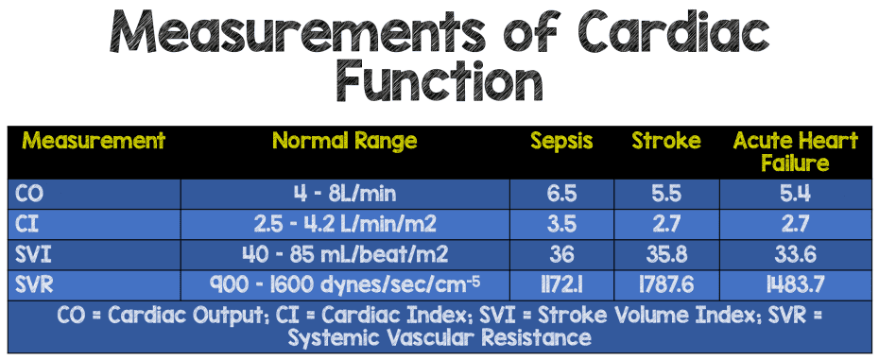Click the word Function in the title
click(439, 81)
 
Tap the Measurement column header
click(94, 142)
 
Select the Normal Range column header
click(344, 142)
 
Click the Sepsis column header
click(561, 142)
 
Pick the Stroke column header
click(666, 142)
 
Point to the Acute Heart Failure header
click(796, 152)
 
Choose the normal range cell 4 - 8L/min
click(344, 195)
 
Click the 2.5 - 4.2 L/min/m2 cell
click(344, 225)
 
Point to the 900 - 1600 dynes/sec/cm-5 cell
click(344, 283)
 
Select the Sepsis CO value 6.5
click(561, 195)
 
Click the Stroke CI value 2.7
click(666, 225)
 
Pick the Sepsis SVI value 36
click(561, 254)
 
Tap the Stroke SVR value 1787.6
click(666, 283)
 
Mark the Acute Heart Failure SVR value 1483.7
click(796, 283)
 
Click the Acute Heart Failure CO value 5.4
click(796, 195)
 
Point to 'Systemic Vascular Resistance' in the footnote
click(439, 337)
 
